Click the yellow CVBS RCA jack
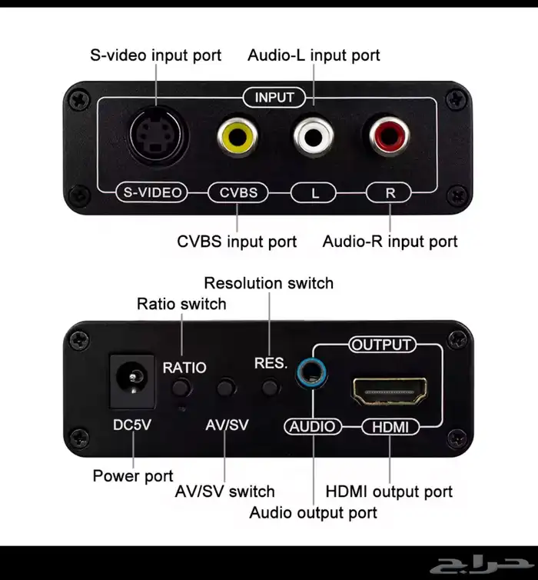coord(237,137)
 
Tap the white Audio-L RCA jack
coord(314,137)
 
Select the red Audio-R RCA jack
coord(389,136)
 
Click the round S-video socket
coord(158,135)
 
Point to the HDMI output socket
coord(390,391)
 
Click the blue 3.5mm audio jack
coord(311,372)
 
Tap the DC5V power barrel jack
coord(132,382)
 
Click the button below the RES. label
coord(270,388)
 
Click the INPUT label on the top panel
coord(274,98)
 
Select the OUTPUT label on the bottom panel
coord(382,345)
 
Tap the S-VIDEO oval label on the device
coord(152,192)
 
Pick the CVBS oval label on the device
coord(238,192)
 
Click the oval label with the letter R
coord(389,193)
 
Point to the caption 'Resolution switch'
coord(269,283)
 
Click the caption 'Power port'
coord(133,475)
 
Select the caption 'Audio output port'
coord(313,512)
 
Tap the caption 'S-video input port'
coord(155,55)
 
